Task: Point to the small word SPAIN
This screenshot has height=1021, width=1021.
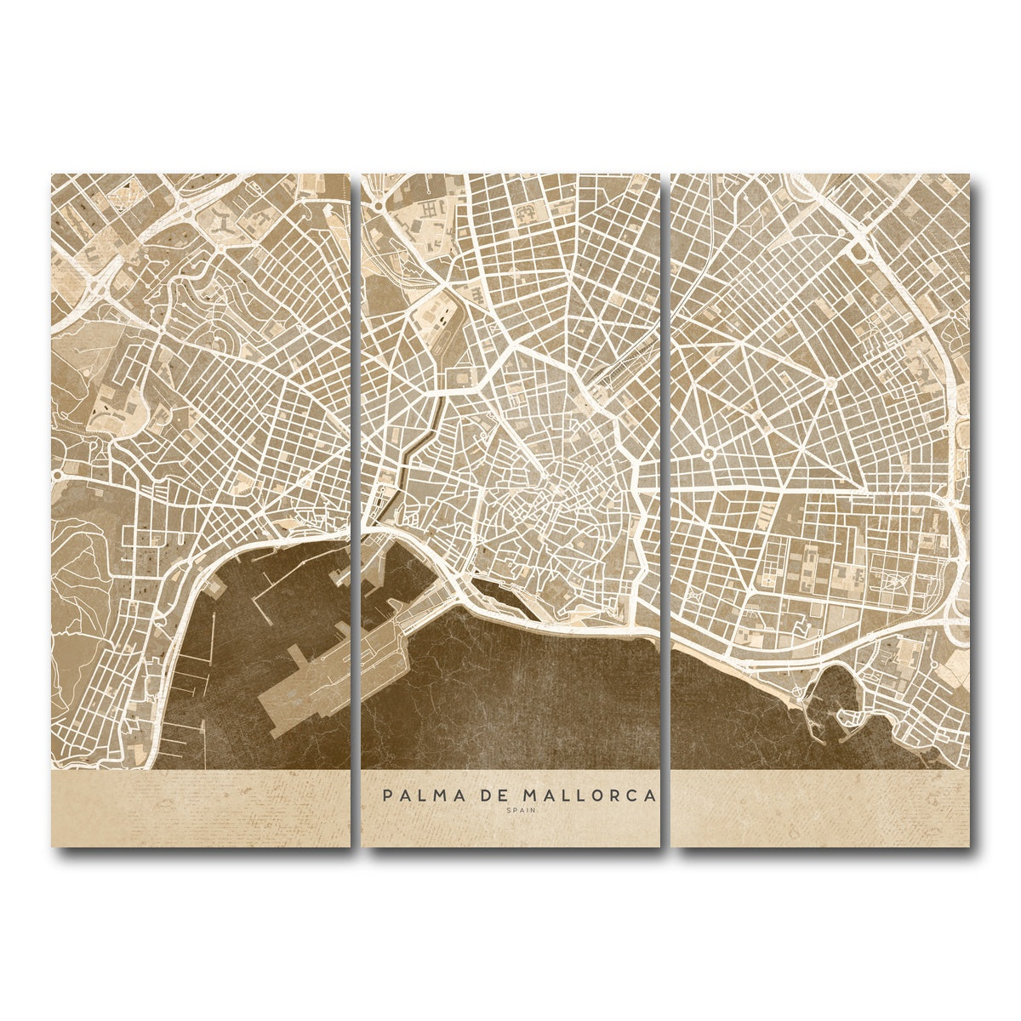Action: click(x=516, y=810)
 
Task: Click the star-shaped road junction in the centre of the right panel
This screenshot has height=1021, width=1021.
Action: click(x=830, y=384)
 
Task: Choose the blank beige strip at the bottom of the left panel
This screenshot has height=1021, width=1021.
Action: click(x=200, y=808)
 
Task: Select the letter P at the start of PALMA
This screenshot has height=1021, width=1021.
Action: click(x=387, y=796)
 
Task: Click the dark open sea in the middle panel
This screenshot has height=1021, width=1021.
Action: click(x=528, y=698)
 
